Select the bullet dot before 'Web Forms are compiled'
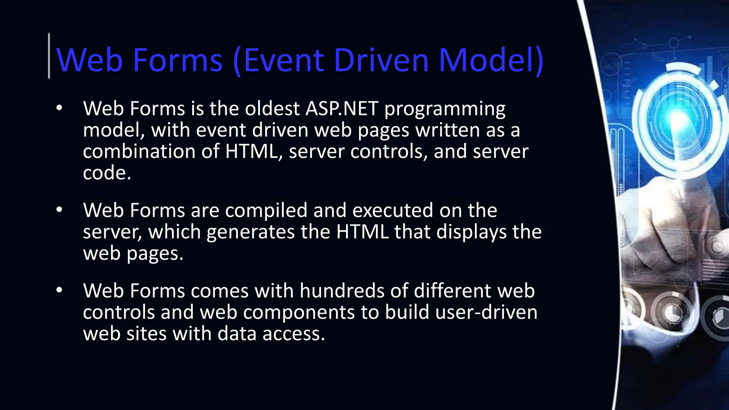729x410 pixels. pos(59,210)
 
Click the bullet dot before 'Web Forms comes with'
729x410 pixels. pos(59,290)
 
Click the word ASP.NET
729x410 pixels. pos(342,109)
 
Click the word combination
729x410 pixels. pos(139,151)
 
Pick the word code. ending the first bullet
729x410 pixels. pos(107,173)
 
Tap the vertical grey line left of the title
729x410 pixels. pos(49,56)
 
